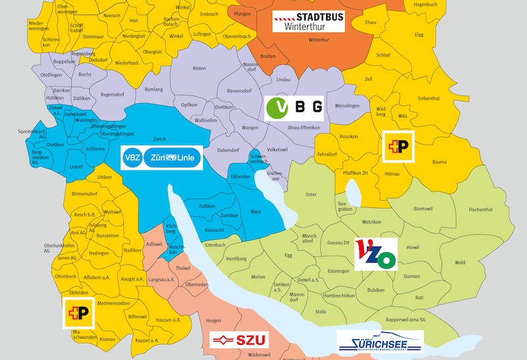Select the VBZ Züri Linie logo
(x=161, y=159)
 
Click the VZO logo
(x=375, y=253)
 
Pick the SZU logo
(x=240, y=340)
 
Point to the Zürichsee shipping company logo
(x=380, y=341)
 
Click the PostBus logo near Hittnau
(x=396, y=146)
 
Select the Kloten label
(x=199, y=68)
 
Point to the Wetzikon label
(x=372, y=222)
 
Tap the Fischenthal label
(x=481, y=210)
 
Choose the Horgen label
(x=213, y=321)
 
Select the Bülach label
(x=172, y=24)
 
